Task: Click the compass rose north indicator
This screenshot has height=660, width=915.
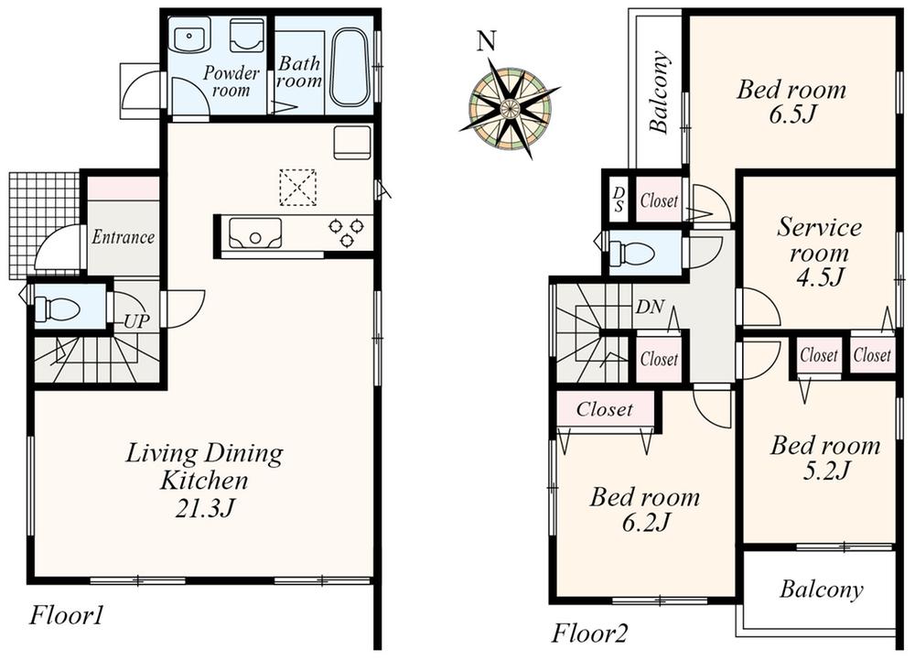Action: [x=487, y=41]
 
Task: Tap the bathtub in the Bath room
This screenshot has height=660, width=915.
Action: [x=349, y=66]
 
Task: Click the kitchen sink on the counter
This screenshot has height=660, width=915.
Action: [x=255, y=233]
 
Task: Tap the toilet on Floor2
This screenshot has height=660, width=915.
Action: [x=632, y=254]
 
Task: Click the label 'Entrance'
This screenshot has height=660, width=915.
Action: [x=123, y=237]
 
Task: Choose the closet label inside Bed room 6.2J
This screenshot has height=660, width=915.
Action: [x=605, y=410]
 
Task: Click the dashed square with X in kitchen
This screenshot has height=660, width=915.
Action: [x=297, y=187]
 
